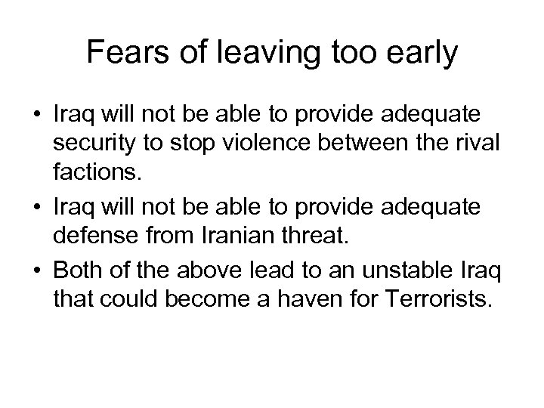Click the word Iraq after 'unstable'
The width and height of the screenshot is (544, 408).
point(475,268)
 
